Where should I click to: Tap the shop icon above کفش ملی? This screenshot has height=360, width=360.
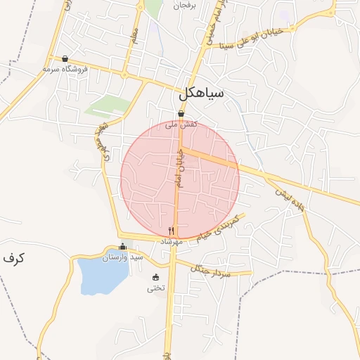[x=181, y=113]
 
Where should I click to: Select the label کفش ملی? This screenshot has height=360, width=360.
[x=181, y=124]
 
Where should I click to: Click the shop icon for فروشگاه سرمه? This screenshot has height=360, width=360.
[x=65, y=59]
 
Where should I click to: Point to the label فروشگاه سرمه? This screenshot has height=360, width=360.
[x=65, y=70]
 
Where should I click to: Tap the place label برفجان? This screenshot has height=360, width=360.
[x=177, y=5]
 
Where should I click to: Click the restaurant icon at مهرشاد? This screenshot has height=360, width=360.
[x=171, y=231]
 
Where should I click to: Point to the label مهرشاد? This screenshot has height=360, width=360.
[x=171, y=241]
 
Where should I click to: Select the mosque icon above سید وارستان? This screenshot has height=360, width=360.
[x=123, y=246]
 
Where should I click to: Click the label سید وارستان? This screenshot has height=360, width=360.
[x=123, y=257]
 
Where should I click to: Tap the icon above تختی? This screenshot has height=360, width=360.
[x=155, y=277]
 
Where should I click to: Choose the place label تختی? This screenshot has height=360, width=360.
[x=155, y=288]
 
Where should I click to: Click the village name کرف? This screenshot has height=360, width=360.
[x=13, y=258]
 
